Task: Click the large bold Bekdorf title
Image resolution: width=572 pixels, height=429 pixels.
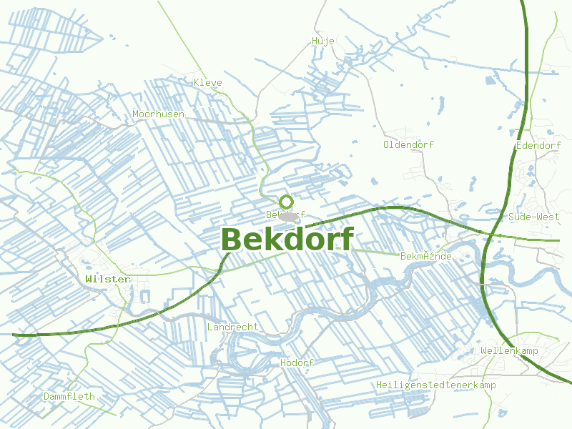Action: click(287, 240)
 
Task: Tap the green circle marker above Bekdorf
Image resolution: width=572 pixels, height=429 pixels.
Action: click(286, 202)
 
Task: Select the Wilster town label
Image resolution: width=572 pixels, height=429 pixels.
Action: click(107, 279)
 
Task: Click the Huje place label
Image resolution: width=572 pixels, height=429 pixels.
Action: click(323, 41)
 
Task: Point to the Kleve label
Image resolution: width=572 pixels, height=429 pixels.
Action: click(208, 82)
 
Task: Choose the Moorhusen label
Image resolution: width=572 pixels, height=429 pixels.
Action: click(158, 114)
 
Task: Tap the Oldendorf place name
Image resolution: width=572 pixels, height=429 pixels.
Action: click(408, 144)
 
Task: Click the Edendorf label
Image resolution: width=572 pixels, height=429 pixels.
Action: click(538, 146)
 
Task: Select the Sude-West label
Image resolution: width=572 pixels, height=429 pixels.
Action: click(533, 217)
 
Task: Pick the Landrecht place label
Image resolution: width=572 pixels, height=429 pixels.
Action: click(232, 327)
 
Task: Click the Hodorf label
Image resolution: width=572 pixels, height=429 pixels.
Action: click(297, 363)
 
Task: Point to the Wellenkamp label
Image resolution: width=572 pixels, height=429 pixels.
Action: click(509, 351)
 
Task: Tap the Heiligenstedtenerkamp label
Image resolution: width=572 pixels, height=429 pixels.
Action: click(435, 385)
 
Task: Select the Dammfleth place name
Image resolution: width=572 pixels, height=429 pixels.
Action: click(69, 396)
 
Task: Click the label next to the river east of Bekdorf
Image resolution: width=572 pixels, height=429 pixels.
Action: click(426, 256)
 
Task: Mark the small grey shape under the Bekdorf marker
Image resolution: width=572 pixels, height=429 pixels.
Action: click(288, 216)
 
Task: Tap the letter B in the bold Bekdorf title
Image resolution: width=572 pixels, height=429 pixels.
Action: click(233, 240)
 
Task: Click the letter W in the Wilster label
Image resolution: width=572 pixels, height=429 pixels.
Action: click(89, 279)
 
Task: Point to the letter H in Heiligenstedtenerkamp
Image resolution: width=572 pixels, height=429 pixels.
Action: click(379, 385)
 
